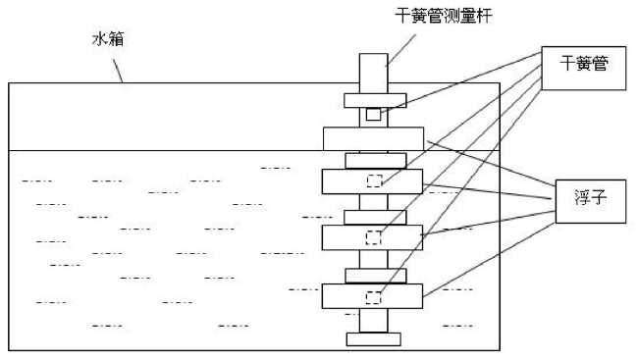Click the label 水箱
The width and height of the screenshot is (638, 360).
pyautogui.click(x=108, y=39)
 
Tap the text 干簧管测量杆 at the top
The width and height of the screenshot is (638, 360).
pyautogui.click(x=444, y=17)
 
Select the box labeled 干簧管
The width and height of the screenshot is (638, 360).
pyautogui.click(x=583, y=68)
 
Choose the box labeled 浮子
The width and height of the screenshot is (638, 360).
pyautogui.click(x=590, y=201)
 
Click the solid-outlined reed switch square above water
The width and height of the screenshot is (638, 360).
pyautogui.click(x=373, y=115)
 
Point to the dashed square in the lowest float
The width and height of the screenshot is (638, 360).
pyautogui.click(x=373, y=298)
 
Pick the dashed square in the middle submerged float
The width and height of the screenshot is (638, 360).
pyautogui.click(x=373, y=238)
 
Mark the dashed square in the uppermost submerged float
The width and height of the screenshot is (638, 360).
pyautogui.click(x=374, y=180)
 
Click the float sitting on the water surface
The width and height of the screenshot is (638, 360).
pyautogui.click(x=374, y=138)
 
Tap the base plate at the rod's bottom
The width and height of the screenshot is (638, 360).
pyautogui.click(x=374, y=339)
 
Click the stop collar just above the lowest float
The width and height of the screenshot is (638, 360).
pyautogui.click(x=376, y=276)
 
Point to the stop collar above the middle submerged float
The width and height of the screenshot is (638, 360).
pyautogui.click(x=375, y=217)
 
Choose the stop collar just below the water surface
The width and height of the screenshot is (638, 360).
pyautogui.click(x=376, y=161)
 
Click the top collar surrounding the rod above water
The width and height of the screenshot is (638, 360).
pyautogui.click(x=375, y=100)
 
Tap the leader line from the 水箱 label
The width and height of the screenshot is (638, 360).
pyautogui.click(x=118, y=71)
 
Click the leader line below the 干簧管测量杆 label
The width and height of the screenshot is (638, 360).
pyautogui.click(x=400, y=50)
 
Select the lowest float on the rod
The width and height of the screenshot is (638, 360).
pyautogui.click(x=372, y=296)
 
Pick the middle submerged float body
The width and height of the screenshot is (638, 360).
pyautogui.click(x=372, y=237)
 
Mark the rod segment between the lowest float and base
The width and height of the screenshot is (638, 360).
pyautogui.click(x=374, y=321)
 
